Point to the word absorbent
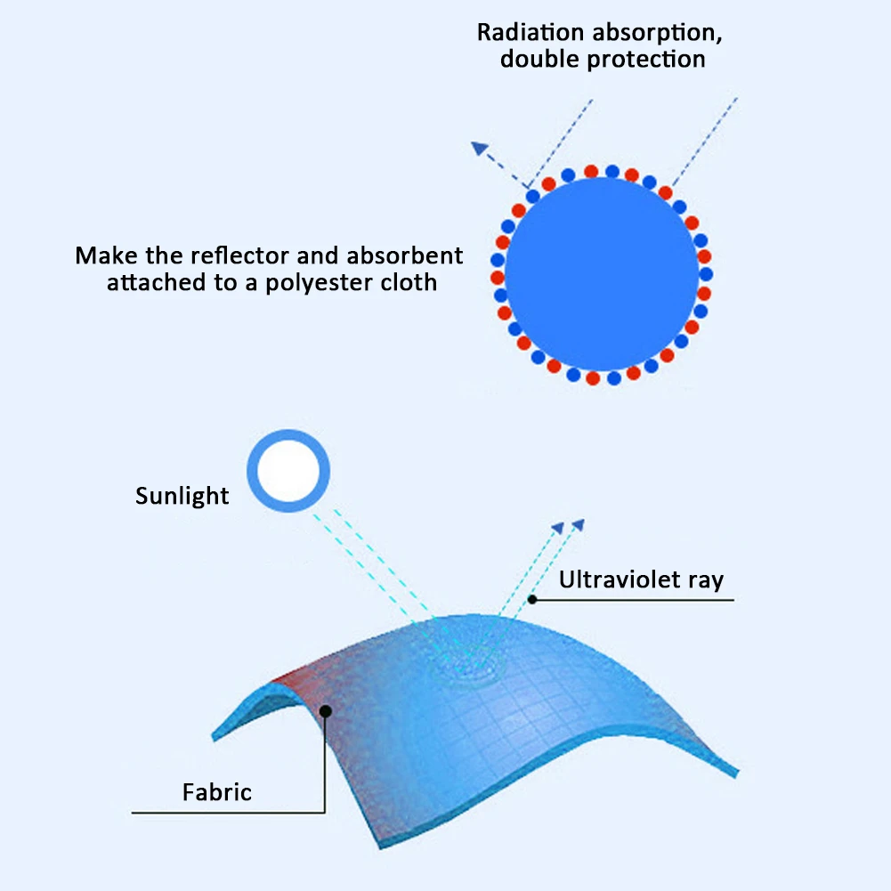[x=405, y=255]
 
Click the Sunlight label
[x=182, y=496]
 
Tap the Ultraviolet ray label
[x=641, y=579]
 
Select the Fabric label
[x=216, y=792]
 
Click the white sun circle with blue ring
[x=288, y=471]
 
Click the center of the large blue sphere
[x=602, y=274]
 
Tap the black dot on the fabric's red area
[x=326, y=711]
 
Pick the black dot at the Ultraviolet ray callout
[x=532, y=599]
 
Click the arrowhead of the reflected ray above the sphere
[x=480, y=148]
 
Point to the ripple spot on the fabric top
[x=467, y=666]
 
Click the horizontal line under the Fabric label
[x=228, y=813]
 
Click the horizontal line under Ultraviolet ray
[x=633, y=600]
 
